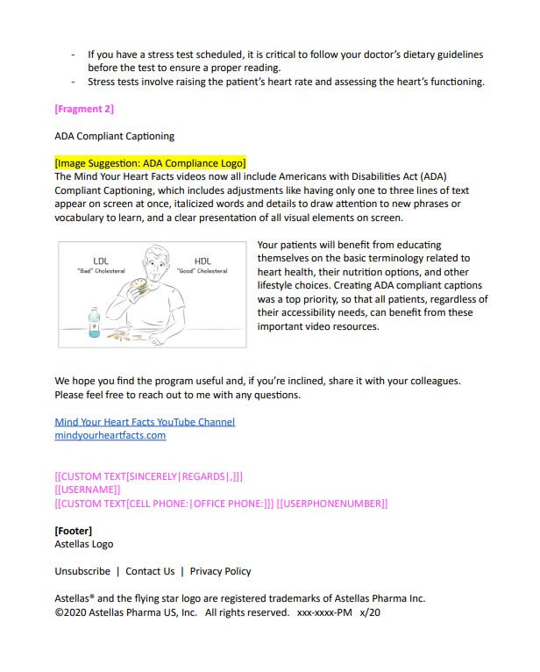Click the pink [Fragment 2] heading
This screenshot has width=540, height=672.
tap(84, 109)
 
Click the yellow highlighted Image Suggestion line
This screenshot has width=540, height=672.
tap(150, 162)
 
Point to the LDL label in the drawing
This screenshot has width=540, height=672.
tap(100, 261)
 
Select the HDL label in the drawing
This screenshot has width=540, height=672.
tap(202, 261)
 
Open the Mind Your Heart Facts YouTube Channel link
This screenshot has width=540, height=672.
tap(145, 422)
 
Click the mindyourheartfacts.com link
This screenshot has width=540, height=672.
tap(110, 435)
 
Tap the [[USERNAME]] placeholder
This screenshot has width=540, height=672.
tap(88, 490)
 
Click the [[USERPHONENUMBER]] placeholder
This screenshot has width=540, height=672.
tap(332, 504)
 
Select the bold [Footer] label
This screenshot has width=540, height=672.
tap(73, 531)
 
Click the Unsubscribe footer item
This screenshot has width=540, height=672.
tap(82, 571)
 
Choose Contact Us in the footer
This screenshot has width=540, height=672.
tap(150, 571)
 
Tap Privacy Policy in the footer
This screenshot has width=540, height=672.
tap(220, 571)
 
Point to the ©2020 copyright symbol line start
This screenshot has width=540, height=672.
tap(59, 612)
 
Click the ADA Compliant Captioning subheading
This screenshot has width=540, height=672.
tap(114, 136)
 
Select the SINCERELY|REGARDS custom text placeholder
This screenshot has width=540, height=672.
tap(149, 476)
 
